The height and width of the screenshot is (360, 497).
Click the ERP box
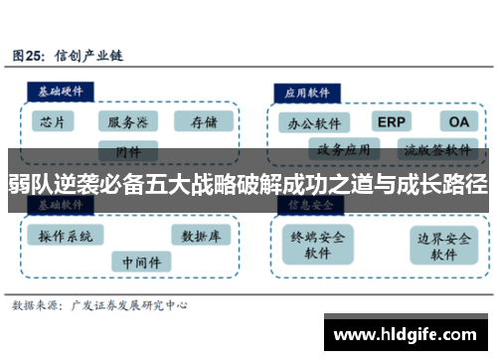point(390,121)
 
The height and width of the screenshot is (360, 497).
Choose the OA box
point(457,121)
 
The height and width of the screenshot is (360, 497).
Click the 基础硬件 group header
point(61,90)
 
